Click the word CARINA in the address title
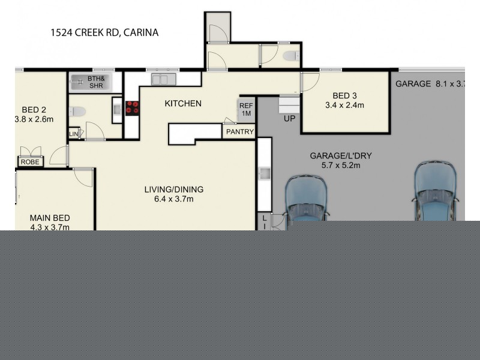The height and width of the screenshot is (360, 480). click(141, 32)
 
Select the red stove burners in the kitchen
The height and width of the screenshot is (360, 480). click(133, 108)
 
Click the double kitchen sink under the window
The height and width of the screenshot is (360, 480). click(161, 79)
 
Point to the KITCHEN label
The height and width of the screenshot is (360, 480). click(183, 104)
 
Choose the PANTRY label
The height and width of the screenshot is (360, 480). click(240, 132)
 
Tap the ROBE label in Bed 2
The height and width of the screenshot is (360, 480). click(29, 162)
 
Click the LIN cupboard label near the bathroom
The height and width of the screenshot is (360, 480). click(73, 133)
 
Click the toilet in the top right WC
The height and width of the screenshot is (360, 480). click(290, 57)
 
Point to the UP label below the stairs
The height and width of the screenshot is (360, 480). click(289, 119)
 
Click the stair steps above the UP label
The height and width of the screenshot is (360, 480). click(289, 105)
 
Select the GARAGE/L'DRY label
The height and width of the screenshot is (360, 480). click(340, 156)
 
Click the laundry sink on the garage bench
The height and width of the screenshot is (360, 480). click(263, 174)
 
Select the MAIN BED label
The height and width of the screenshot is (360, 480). click(50, 218)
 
